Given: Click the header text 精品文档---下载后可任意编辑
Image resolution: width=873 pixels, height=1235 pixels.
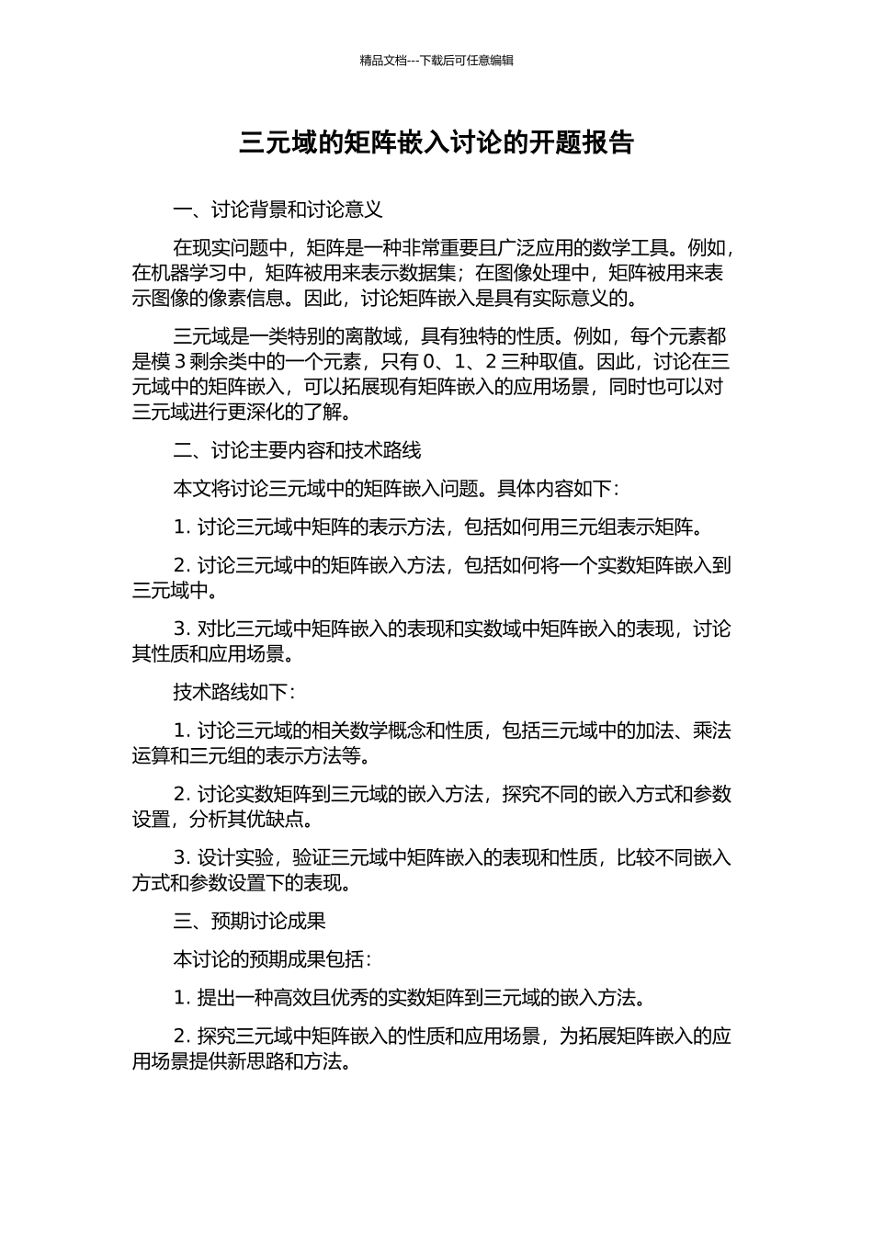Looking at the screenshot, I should click(x=436, y=61).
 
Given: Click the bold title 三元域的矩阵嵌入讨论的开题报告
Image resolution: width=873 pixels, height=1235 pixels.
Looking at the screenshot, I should click(x=436, y=142).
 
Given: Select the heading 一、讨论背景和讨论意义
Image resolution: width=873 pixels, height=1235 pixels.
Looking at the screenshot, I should click(x=278, y=210).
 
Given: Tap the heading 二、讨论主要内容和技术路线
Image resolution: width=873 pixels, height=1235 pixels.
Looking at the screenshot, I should click(x=297, y=450).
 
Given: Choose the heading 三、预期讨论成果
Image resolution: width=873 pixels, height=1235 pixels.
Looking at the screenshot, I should click(x=249, y=921).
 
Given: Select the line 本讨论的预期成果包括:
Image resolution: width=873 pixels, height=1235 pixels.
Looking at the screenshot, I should click(x=272, y=959).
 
